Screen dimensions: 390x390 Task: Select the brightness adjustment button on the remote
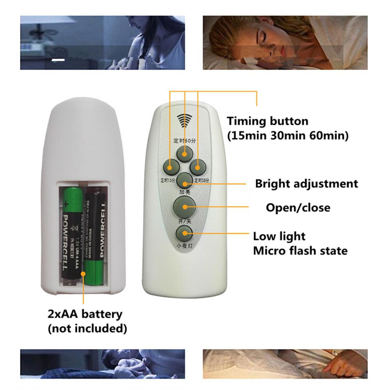(x=184, y=180)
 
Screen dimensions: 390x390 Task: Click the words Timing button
(x=268, y=121)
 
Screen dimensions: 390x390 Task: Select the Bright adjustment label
(x=307, y=184)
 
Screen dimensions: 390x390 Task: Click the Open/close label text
(x=298, y=207)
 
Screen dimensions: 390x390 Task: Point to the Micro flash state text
(x=300, y=250)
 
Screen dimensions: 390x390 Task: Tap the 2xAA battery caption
(x=85, y=314)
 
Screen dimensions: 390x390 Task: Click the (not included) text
(x=87, y=329)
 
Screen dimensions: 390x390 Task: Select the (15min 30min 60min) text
(x=288, y=136)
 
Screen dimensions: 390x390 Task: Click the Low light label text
(x=279, y=236)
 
